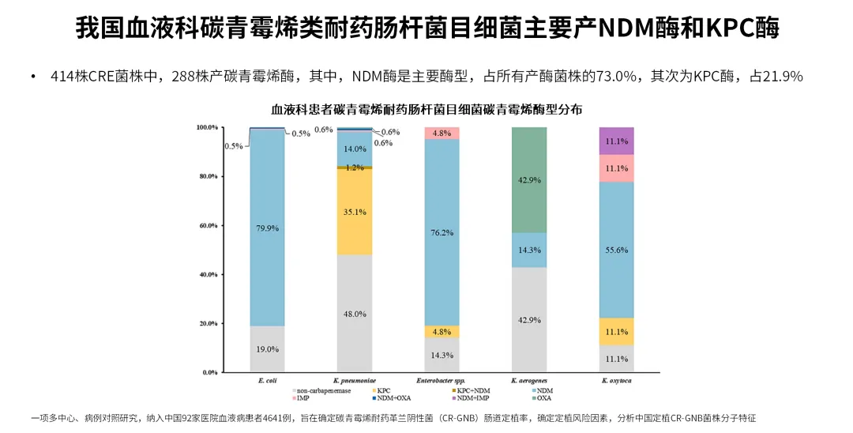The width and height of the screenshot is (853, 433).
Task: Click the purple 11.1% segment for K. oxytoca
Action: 616,141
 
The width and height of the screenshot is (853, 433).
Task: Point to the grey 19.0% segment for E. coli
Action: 267,348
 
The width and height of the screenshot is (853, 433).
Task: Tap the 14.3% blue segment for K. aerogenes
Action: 529,250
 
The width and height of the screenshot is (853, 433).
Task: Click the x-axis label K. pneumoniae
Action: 355,380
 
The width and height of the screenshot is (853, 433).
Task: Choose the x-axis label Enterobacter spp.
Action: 442,380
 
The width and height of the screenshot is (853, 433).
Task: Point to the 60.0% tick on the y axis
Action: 206,225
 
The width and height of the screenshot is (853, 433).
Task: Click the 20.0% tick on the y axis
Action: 206,323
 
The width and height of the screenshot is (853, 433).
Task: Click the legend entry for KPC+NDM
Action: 474,390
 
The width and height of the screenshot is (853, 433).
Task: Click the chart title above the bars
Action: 426,108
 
